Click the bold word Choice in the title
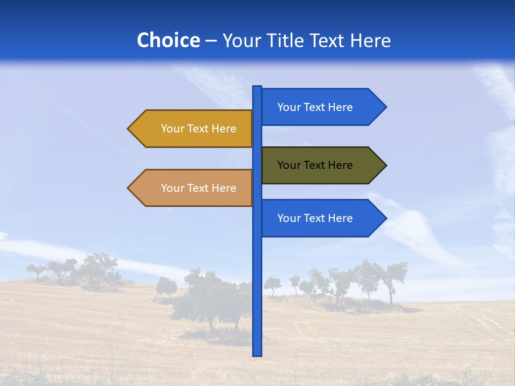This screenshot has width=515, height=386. (168, 40)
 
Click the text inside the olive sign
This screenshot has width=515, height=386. (315, 165)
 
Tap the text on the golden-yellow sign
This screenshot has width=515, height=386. (198, 129)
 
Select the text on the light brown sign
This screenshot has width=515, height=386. (198, 188)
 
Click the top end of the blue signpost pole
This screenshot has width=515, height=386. (257, 87)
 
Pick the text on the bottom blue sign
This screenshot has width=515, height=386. (315, 218)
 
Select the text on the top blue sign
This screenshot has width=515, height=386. (315, 107)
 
